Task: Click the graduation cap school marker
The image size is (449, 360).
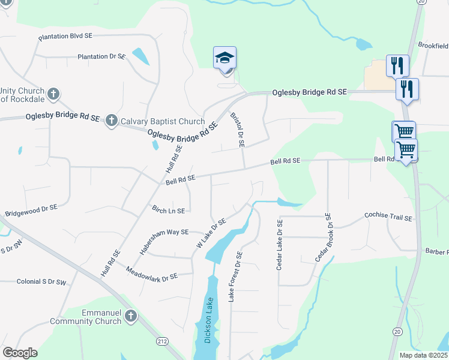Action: [225, 58]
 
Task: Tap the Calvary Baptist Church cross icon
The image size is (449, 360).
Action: [111, 121]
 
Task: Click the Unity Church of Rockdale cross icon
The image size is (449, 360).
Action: [53, 94]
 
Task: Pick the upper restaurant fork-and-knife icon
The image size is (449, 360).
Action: [397, 65]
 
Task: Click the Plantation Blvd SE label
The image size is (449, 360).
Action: [65, 37]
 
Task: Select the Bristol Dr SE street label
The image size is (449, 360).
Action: [238, 129]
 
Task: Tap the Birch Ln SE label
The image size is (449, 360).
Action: [168, 211]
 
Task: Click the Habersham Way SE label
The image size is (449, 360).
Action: [164, 241]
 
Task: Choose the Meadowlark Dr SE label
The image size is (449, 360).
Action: [152, 274]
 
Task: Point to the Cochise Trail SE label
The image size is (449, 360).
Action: [388, 216]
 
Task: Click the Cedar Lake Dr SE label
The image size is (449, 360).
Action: [280, 244]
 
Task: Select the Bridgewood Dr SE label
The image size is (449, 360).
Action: [31, 210]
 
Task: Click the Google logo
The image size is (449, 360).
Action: [20, 353]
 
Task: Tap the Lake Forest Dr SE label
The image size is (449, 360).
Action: [234, 277]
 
